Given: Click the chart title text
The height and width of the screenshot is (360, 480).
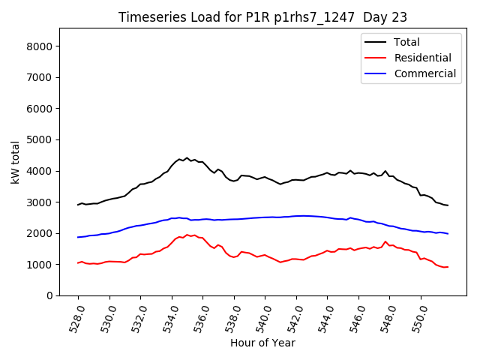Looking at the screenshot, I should [262, 17].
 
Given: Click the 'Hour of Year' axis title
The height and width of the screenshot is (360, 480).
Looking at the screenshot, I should [262, 343].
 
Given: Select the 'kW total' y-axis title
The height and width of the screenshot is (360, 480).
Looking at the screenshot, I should [15, 162].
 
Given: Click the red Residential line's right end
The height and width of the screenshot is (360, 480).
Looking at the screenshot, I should [448, 267].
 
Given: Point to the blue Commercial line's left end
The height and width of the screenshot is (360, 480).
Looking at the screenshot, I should [78, 237].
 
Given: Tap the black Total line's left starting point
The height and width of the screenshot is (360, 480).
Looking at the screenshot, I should [78, 205].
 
